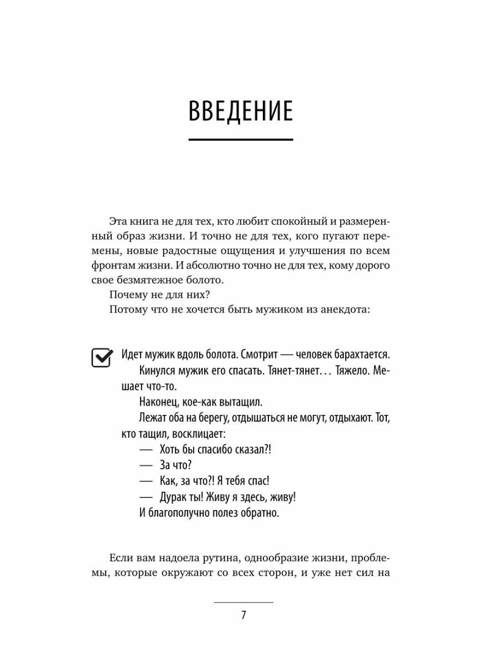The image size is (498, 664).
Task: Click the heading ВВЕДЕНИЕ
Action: click(241, 111)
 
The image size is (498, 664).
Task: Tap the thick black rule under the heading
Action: click(241, 139)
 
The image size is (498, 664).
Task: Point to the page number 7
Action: click(243, 615)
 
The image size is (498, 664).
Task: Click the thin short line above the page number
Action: click(243, 601)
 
